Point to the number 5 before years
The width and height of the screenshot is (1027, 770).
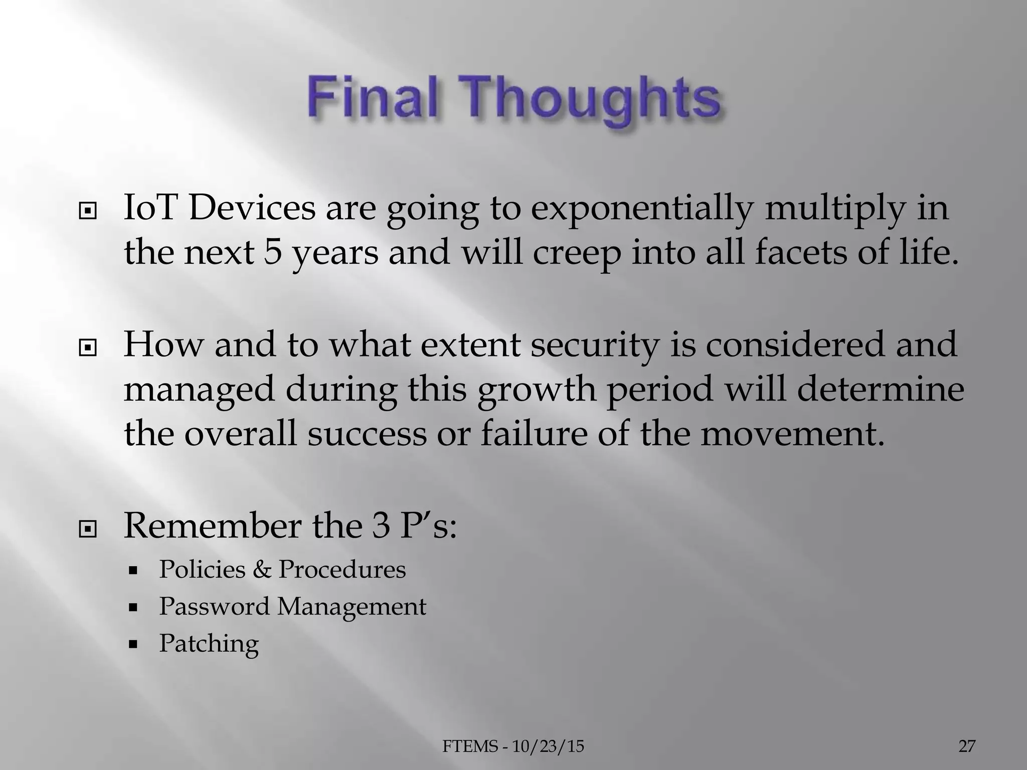272,252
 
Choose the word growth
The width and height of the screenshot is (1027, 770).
537,389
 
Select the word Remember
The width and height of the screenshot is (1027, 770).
213,526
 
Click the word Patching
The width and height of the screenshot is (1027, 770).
209,644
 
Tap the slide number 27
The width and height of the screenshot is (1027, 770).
967,746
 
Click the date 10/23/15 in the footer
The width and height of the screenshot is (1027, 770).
548,746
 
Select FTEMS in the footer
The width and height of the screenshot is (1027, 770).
470,746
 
